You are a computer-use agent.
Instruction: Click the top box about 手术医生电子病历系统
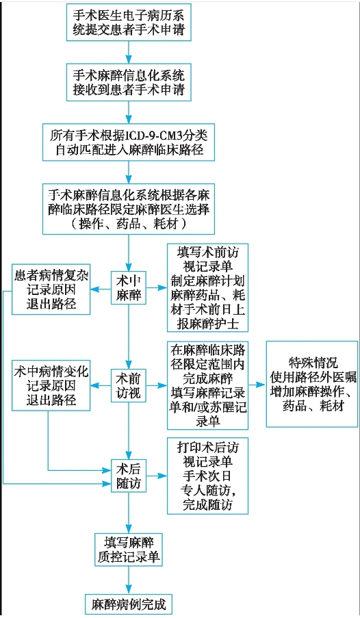click(x=129, y=22)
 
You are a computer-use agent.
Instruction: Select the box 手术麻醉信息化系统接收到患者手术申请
click(x=129, y=81)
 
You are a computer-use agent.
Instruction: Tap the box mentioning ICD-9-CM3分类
click(x=129, y=142)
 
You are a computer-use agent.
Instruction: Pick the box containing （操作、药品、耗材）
click(x=129, y=207)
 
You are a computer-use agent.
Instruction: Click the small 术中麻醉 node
click(x=129, y=287)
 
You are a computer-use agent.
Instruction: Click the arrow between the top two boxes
click(x=129, y=51)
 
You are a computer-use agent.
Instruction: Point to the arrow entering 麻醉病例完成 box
click(x=129, y=582)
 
